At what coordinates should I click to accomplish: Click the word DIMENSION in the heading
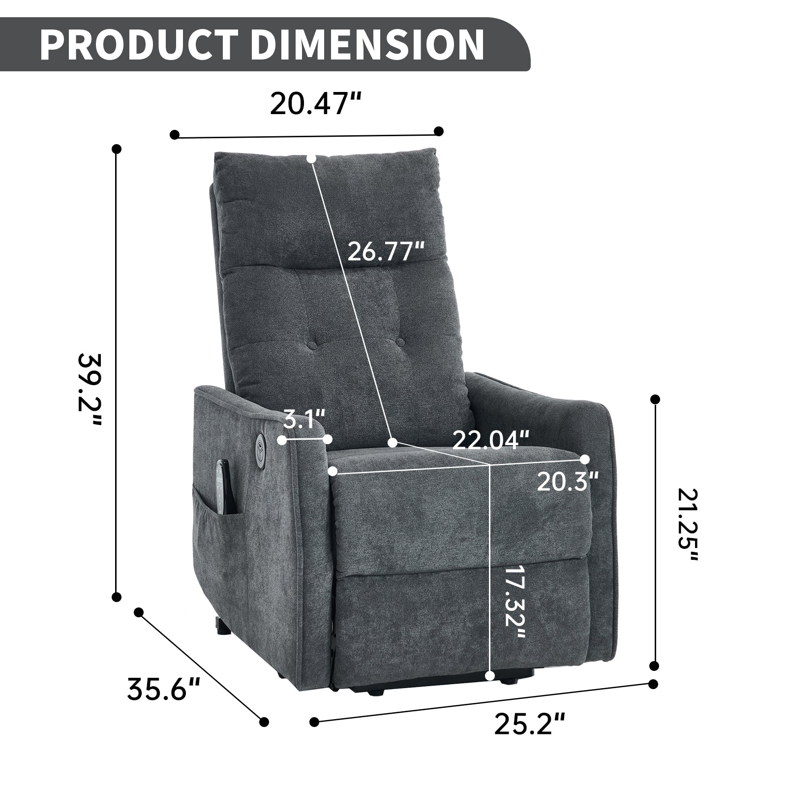coord(367,45)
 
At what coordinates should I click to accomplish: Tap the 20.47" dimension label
coord(316,104)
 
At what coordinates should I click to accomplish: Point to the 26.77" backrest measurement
coord(386,252)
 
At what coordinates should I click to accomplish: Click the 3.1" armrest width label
coord(304,421)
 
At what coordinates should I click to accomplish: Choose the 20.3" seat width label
coord(568,482)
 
